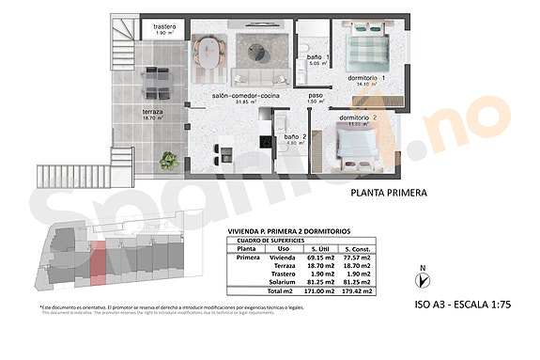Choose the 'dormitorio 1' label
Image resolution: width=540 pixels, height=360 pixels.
(x=367, y=78)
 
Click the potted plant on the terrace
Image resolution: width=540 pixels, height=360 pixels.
(x=169, y=161)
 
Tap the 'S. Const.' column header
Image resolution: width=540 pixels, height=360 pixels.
(x=355, y=247)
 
